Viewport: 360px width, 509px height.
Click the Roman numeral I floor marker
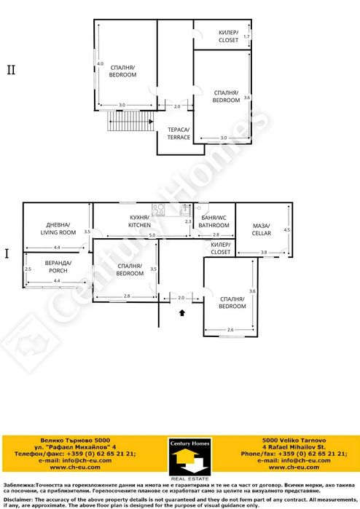tap(7, 254)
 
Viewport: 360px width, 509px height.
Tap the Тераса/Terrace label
tap(179, 133)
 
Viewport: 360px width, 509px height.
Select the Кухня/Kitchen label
tap(140, 222)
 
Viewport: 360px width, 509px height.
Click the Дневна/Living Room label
tap(58, 229)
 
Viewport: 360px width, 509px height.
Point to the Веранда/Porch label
tap(58, 267)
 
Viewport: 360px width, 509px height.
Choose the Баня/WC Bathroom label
tap(214, 222)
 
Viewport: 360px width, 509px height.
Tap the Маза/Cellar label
tap(262, 229)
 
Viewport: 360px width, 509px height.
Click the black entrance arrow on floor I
tap(181, 313)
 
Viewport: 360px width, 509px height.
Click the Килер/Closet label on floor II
tap(228, 36)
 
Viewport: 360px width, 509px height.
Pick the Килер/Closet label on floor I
tap(219, 248)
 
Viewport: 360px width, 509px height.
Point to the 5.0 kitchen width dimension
tap(152, 236)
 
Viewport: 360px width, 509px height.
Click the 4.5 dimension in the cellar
tap(286, 229)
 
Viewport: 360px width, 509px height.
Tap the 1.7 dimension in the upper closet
tap(246, 36)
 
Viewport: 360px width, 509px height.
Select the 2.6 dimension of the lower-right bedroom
tap(230, 331)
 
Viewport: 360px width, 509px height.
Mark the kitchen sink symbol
tap(157, 210)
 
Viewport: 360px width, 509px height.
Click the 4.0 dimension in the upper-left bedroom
tap(101, 63)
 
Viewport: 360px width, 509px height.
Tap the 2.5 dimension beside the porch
tap(28, 269)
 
